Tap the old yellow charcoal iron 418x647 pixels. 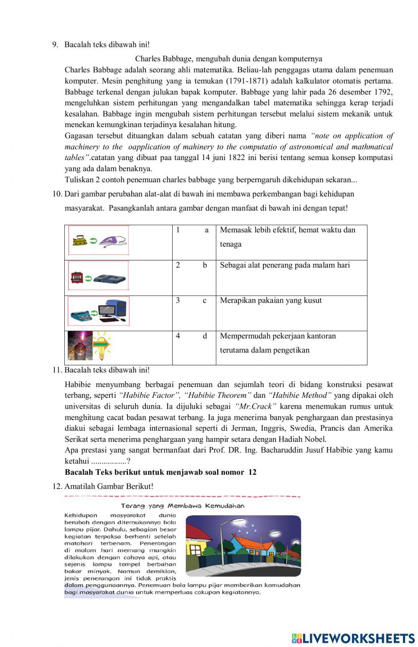(x=80, y=240)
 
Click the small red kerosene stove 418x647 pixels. (x=76, y=277)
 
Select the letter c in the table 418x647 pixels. (x=204, y=301)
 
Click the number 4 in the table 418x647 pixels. (x=178, y=336)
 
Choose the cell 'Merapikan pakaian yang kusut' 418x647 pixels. (x=270, y=301)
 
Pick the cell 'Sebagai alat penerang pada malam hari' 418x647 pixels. (x=285, y=265)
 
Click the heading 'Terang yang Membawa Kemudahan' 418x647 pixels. (x=183, y=506)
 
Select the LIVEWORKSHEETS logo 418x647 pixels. (x=353, y=638)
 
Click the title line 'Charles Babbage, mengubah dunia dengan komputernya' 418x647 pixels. (x=228, y=59)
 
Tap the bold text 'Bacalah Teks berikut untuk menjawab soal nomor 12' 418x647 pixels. (x=161, y=472)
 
